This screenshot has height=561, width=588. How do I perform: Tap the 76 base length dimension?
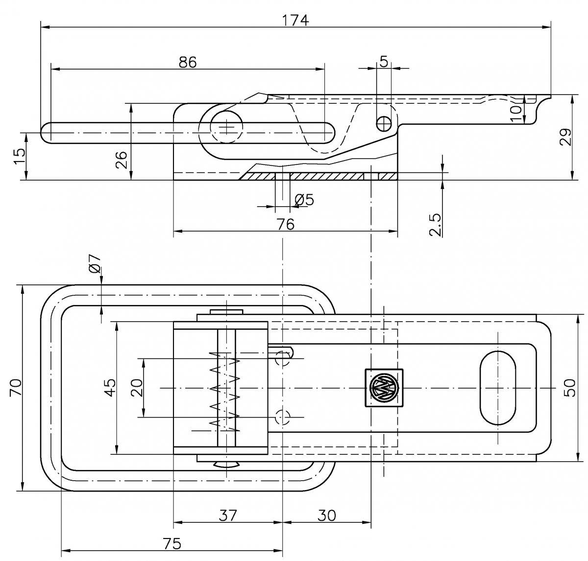[285, 224]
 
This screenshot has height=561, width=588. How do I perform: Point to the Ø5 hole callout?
[304, 200]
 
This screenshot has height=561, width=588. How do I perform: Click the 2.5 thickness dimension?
[436, 224]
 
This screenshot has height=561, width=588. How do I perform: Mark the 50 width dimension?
[570, 387]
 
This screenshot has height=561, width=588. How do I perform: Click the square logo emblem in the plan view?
[384, 388]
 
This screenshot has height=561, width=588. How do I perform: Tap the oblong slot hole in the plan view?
[498, 387]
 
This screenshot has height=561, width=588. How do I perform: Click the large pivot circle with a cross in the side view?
[227, 126]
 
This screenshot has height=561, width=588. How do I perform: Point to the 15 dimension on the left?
[19, 156]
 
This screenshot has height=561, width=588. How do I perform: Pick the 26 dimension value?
[122, 160]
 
